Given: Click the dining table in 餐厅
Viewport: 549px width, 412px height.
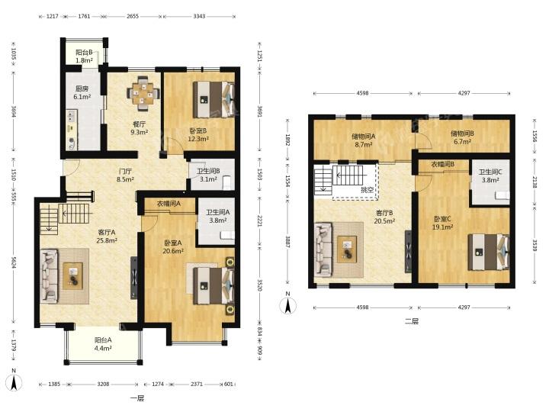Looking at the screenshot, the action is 143,94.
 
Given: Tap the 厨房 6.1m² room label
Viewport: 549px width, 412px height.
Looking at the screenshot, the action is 82,93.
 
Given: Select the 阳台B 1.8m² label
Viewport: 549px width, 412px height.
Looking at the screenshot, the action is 85,56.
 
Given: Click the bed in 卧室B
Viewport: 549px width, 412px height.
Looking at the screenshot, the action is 213,99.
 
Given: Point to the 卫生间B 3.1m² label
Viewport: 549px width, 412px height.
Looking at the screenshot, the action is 208,175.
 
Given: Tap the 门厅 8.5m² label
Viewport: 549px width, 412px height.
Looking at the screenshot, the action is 125,175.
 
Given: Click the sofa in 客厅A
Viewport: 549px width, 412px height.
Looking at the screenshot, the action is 49,275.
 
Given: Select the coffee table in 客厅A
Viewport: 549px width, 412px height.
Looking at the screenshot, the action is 73,276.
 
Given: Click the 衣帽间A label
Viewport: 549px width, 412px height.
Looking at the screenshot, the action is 169,204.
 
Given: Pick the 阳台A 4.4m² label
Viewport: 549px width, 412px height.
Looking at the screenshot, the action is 103,344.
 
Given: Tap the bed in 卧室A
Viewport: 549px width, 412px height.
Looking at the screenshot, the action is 213,285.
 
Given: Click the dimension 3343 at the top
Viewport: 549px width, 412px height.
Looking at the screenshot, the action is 199,16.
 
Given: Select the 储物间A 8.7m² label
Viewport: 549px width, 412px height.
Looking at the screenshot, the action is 364,140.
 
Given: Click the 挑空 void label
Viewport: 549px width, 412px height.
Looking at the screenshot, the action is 367,190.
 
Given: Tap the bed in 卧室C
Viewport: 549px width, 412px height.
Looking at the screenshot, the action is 489,253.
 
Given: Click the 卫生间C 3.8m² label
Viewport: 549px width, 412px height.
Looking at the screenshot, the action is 490,176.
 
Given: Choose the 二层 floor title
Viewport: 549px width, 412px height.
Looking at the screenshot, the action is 412,321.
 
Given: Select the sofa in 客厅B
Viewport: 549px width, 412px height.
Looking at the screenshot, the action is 323,249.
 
